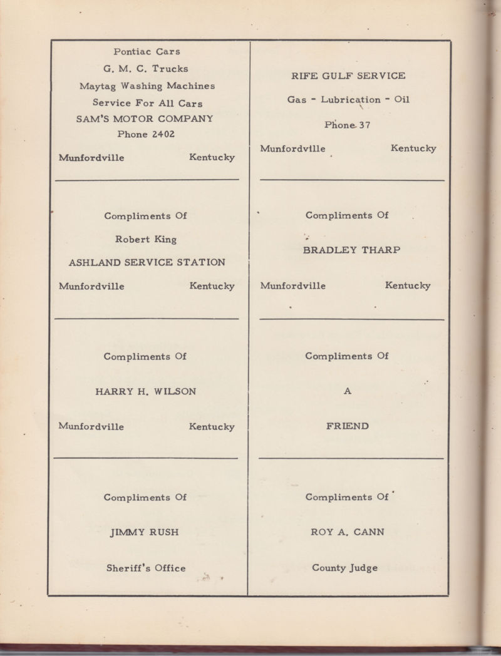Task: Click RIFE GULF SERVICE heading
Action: click(348, 76)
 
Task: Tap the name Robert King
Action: click(146, 239)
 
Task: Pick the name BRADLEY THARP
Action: click(351, 250)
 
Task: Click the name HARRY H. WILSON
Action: click(146, 391)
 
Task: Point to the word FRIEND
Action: click(347, 426)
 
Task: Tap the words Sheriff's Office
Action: click(146, 568)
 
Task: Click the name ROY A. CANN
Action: click(348, 532)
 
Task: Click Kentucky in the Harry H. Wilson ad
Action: click(212, 427)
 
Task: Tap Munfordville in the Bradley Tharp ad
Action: click(292, 286)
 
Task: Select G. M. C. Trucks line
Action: click(146, 69)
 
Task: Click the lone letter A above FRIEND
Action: click(348, 391)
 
